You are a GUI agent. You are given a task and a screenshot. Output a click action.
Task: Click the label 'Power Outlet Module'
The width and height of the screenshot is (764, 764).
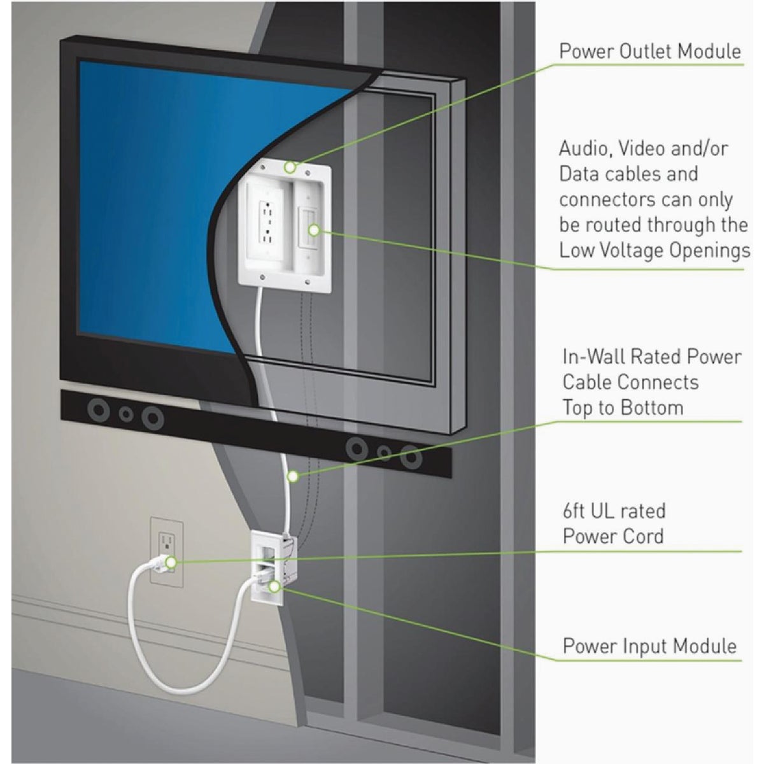tap(650, 51)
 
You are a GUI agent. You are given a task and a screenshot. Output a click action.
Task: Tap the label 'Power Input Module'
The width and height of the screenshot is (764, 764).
tap(649, 646)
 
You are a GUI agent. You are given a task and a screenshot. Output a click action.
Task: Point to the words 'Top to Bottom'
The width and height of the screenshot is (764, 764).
tap(623, 407)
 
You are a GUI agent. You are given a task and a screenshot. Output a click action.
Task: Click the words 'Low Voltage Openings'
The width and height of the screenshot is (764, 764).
tap(654, 250)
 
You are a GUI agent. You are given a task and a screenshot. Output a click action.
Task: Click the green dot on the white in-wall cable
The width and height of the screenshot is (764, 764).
tap(292, 475)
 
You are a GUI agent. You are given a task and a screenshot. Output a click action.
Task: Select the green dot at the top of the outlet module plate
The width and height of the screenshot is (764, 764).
tap(290, 168)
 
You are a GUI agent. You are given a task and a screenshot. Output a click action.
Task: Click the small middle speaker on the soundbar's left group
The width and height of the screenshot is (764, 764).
tap(127, 414)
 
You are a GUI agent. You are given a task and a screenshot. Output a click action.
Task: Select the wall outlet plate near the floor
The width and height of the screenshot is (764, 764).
tap(166, 551)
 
